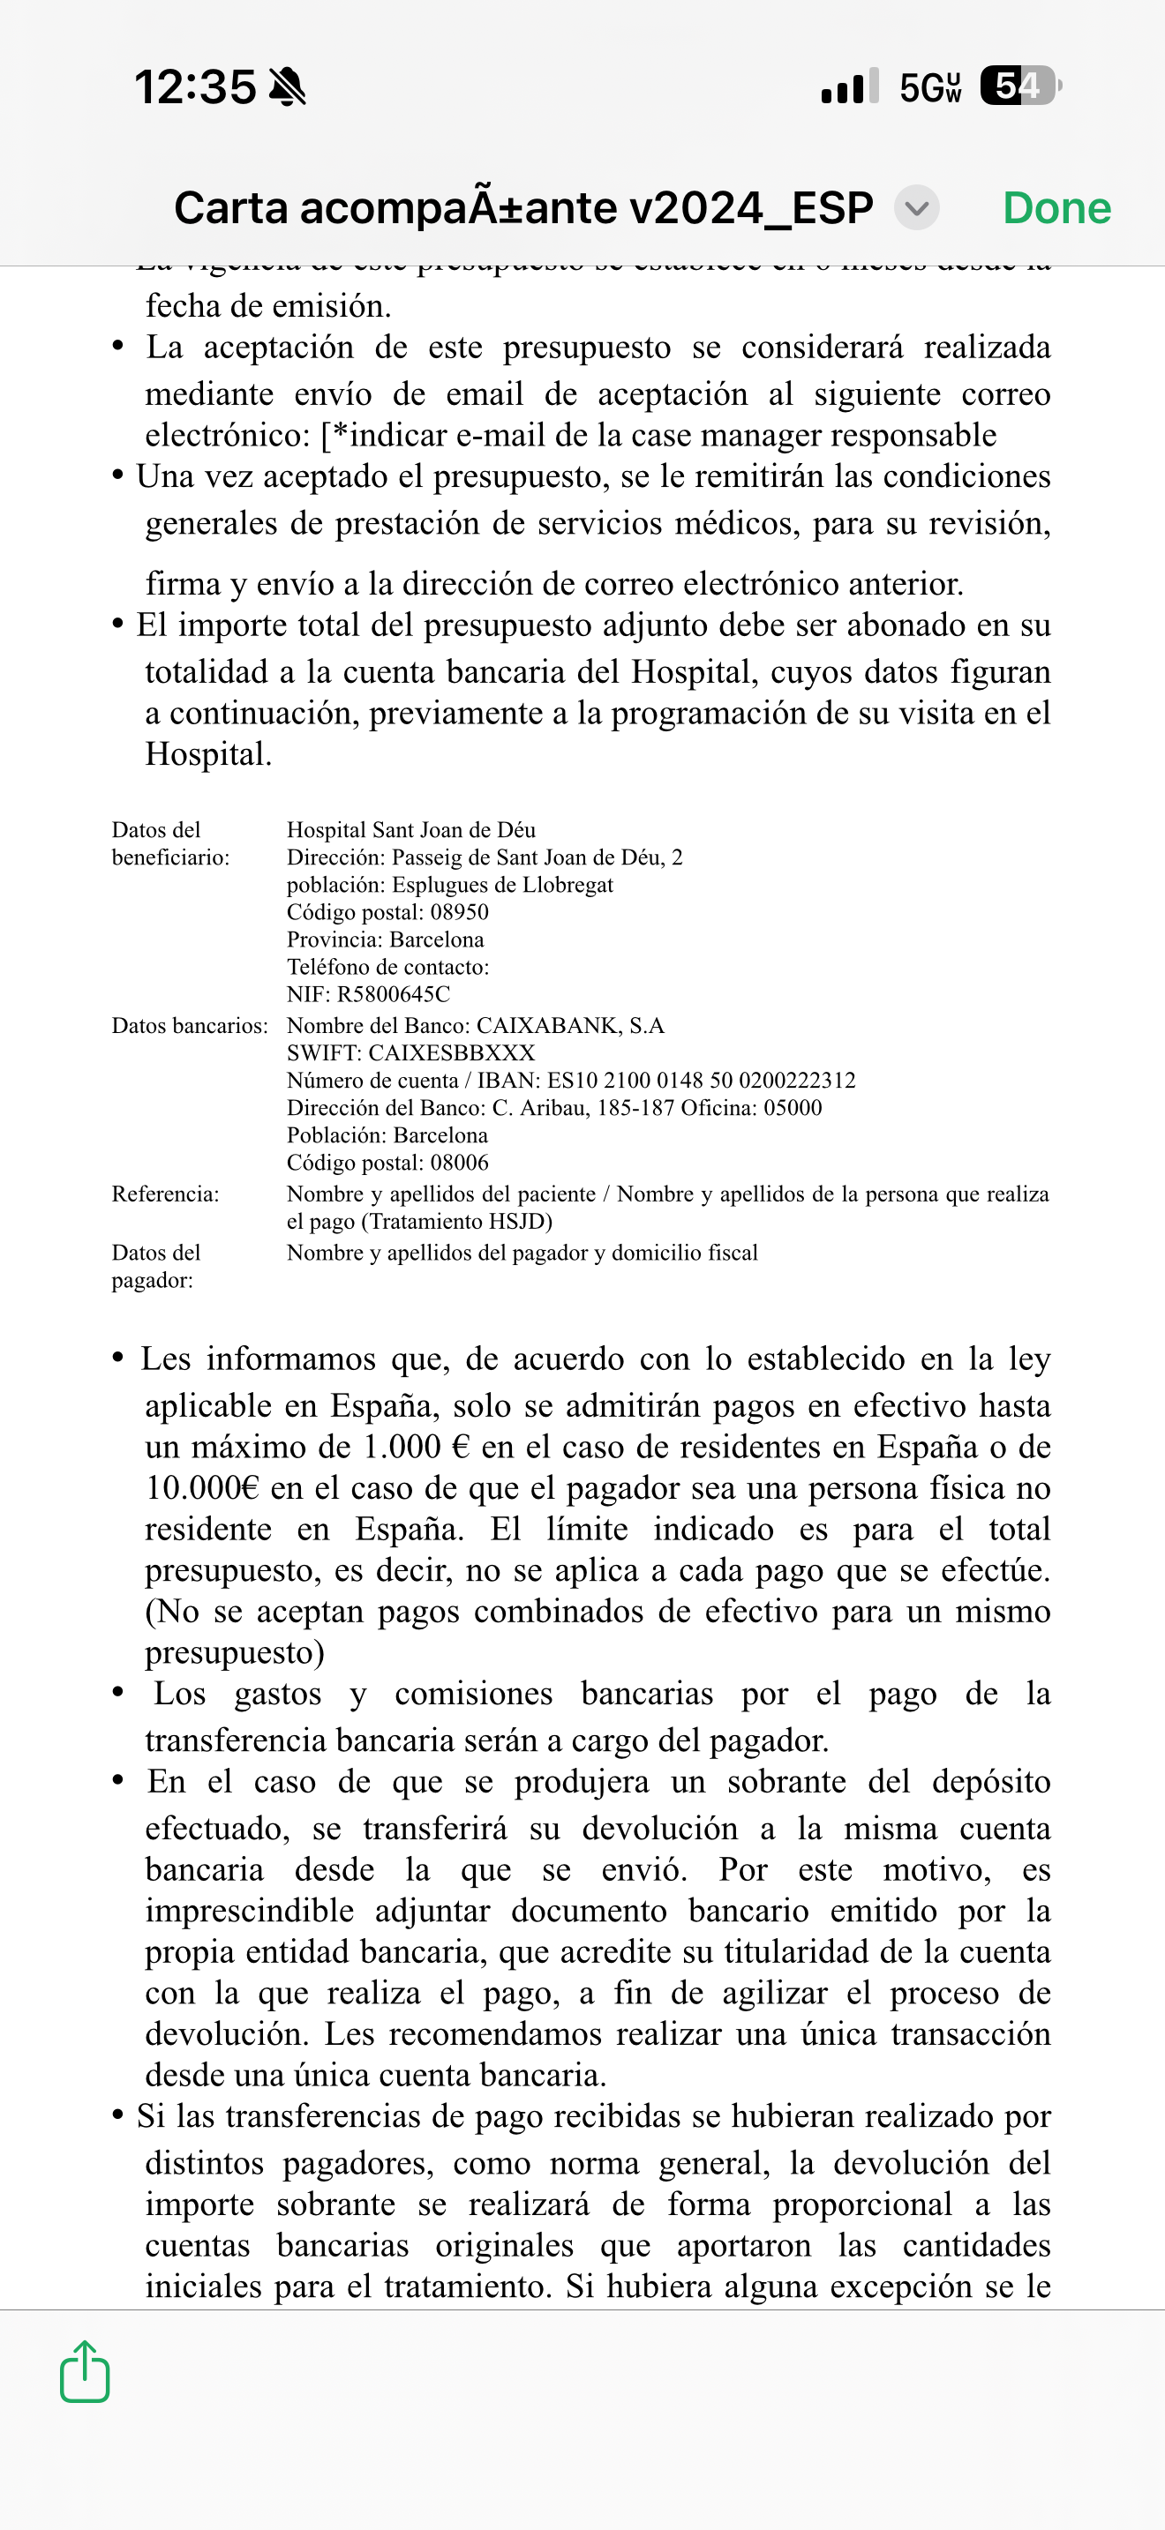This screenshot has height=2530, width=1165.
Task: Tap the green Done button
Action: [x=1056, y=208]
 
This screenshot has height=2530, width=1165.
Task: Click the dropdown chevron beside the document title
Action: [x=916, y=208]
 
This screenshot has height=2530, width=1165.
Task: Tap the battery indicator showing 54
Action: [x=1019, y=86]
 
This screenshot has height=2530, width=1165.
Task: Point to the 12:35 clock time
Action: [x=194, y=87]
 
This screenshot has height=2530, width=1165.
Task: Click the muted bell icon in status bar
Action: [x=287, y=87]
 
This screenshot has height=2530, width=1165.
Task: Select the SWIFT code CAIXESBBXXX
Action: [x=451, y=1053]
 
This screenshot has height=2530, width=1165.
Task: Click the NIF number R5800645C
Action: [x=393, y=994]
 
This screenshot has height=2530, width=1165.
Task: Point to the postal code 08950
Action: [x=459, y=911]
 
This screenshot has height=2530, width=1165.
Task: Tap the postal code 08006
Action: [x=459, y=1163]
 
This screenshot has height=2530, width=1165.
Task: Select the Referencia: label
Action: [x=165, y=1194]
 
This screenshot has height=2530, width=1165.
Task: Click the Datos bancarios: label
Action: [x=190, y=1025]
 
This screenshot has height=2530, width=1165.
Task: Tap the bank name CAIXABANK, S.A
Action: [x=570, y=1025]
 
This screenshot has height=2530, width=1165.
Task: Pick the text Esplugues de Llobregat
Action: [x=502, y=884]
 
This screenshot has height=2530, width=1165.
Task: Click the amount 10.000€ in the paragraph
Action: [x=201, y=1488]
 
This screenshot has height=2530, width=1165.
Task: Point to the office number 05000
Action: [x=793, y=1108]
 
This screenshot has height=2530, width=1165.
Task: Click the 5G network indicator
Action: [x=929, y=87]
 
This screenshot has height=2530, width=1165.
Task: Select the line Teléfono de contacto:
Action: [x=388, y=967]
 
